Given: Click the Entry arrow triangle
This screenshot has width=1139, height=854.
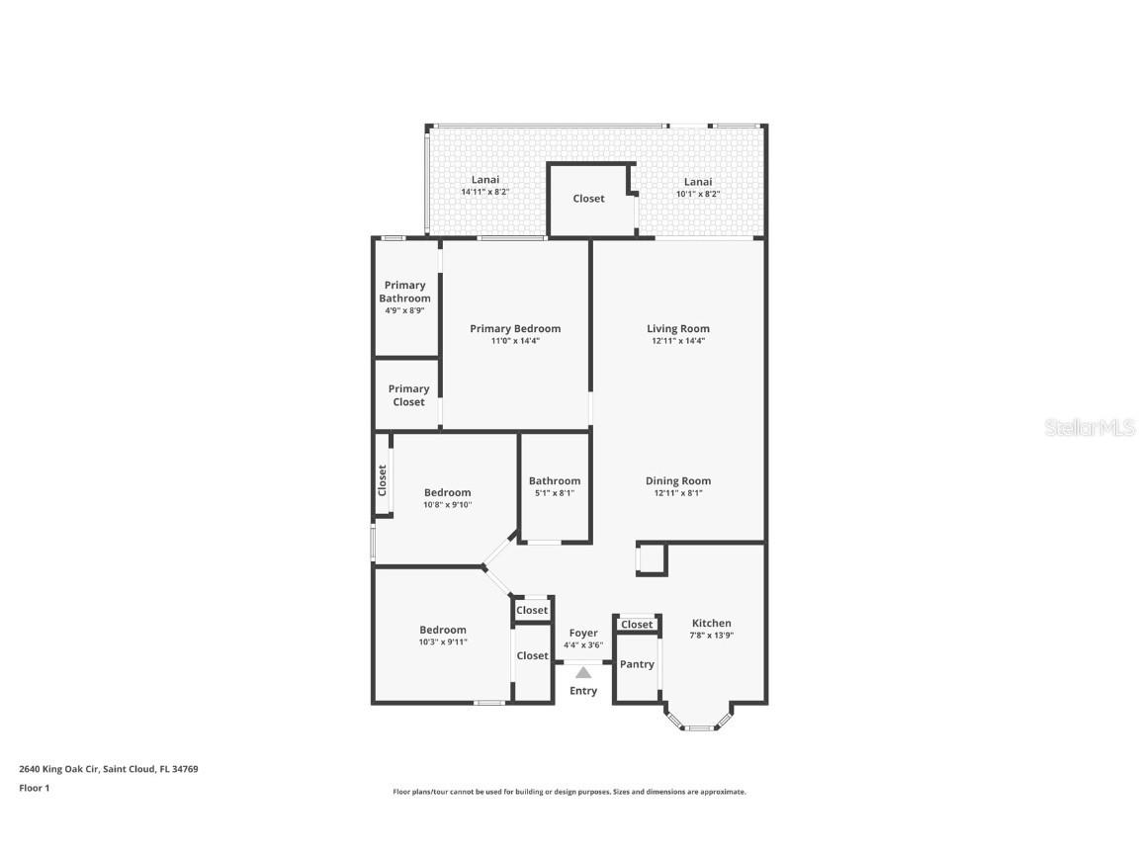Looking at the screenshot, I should pyautogui.click(x=583, y=672).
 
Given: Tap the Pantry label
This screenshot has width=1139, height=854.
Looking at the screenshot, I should pyautogui.click(x=637, y=664).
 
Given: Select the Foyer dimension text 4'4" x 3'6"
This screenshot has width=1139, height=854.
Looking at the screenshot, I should pyautogui.click(x=583, y=645).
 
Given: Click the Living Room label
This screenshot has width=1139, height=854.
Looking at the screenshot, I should pyautogui.click(x=678, y=329).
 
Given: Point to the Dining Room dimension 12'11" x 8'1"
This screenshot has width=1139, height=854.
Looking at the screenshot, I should pyautogui.click(x=678, y=493).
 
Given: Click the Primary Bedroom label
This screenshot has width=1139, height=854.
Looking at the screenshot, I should pyautogui.click(x=515, y=329).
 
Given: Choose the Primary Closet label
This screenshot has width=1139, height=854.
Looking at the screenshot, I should pyautogui.click(x=408, y=395).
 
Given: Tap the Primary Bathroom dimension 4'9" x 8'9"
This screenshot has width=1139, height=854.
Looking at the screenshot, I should pyautogui.click(x=405, y=310).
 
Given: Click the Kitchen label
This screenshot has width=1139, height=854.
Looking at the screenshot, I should pyautogui.click(x=712, y=623).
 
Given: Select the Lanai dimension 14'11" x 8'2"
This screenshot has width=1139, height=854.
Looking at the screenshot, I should pyautogui.click(x=485, y=192).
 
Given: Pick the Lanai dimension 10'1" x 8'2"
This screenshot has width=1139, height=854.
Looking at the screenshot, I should pyautogui.click(x=698, y=194).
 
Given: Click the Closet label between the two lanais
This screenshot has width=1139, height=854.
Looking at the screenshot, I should pyautogui.click(x=588, y=199).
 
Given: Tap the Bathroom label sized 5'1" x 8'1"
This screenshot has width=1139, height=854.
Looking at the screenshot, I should pyautogui.click(x=555, y=481).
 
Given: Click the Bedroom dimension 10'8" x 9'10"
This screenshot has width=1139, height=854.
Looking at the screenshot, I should pyautogui.click(x=448, y=505).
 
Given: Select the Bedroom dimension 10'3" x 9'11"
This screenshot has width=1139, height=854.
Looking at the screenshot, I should pyautogui.click(x=443, y=641).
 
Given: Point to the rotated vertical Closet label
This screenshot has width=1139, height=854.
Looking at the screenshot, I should pyautogui.click(x=383, y=480).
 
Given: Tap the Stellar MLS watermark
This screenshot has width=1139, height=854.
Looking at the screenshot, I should pyautogui.click(x=1091, y=427).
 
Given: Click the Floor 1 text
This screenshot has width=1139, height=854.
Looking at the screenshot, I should pyautogui.click(x=34, y=788).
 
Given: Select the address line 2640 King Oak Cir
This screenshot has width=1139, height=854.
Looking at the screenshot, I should pyautogui.click(x=109, y=768).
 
